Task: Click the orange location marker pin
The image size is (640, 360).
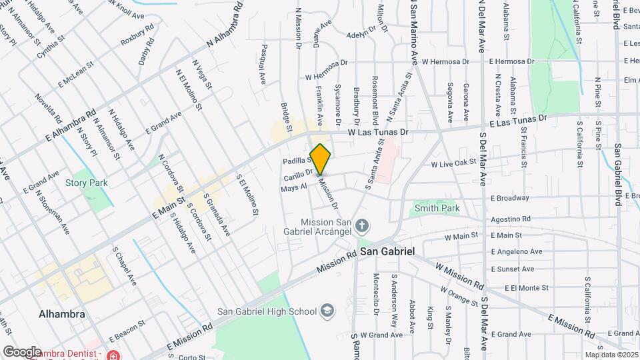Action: point(321,159)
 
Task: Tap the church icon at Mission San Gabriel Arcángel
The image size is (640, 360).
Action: point(362,226)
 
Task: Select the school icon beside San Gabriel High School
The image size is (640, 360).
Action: point(328,311)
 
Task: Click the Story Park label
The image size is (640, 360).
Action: point(82,183)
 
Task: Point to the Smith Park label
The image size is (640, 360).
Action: point(437,208)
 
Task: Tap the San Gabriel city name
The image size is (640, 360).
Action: point(387,253)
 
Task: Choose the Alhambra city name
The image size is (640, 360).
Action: point(61,314)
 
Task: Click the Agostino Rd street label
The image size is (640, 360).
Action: point(510,219)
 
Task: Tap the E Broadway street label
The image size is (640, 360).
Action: point(509,198)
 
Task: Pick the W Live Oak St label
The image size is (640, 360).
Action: point(453,163)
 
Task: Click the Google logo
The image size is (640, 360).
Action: point(22,351)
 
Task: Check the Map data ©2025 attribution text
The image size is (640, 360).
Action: point(611,354)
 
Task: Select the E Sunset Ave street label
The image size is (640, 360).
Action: point(511,269)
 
